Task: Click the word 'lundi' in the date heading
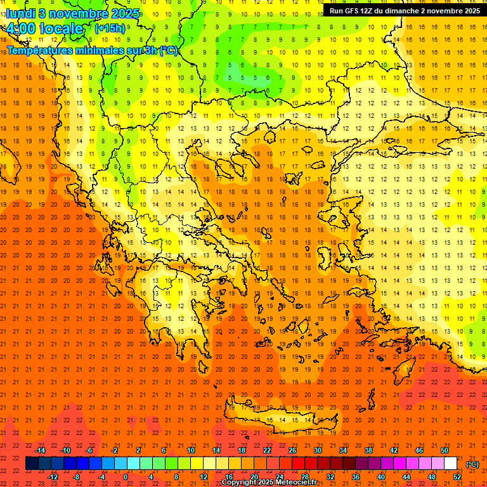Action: (x=19, y=13)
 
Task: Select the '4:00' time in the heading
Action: (x=20, y=29)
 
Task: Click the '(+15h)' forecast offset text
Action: (x=110, y=28)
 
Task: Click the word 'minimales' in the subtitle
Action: (x=105, y=50)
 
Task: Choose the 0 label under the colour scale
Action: (x=126, y=477)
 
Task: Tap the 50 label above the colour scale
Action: (x=445, y=450)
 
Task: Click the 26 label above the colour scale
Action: (x=292, y=450)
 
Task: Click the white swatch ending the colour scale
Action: (x=451, y=464)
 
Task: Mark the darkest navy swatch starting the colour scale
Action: (x=32, y=464)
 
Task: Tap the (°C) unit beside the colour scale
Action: (x=472, y=464)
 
